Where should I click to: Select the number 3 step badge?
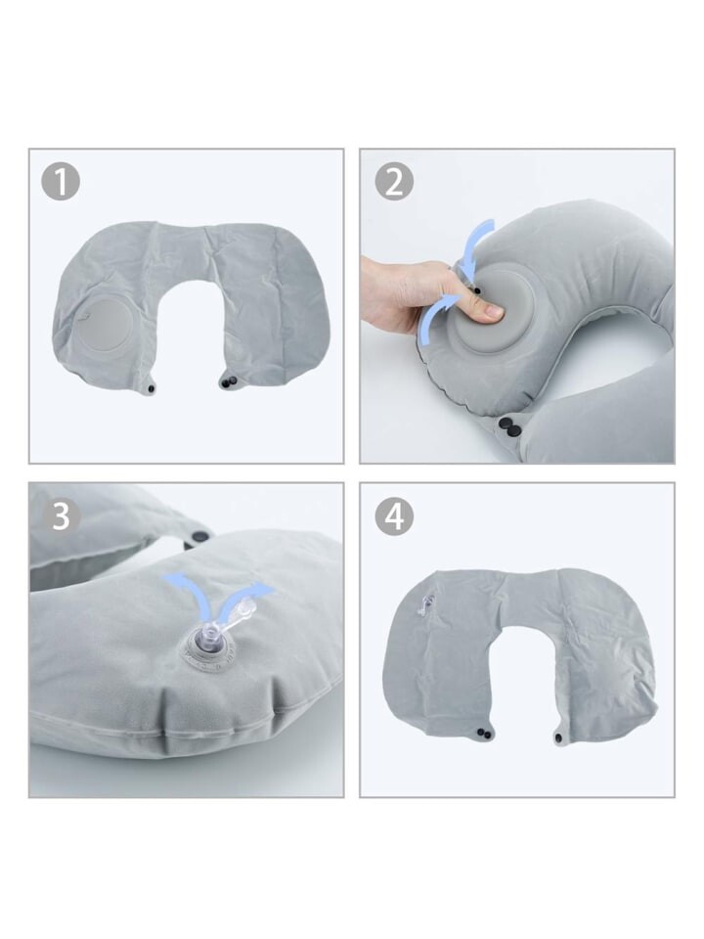pyautogui.click(x=61, y=515)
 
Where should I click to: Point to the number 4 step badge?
pyautogui.click(x=394, y=515)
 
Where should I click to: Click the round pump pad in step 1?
pyautogui.click(x=106, y=322)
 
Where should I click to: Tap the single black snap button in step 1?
pyautogui.click(x=150, y=390)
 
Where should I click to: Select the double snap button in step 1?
pyautogui.click(x=228, y=380)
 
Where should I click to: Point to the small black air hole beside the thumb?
pyautogui.click(x=477, y=291)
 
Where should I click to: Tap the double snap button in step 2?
pyautogui.click(x=510, y=426)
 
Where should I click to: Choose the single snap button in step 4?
pyautogui.click(x=558, y=740)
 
